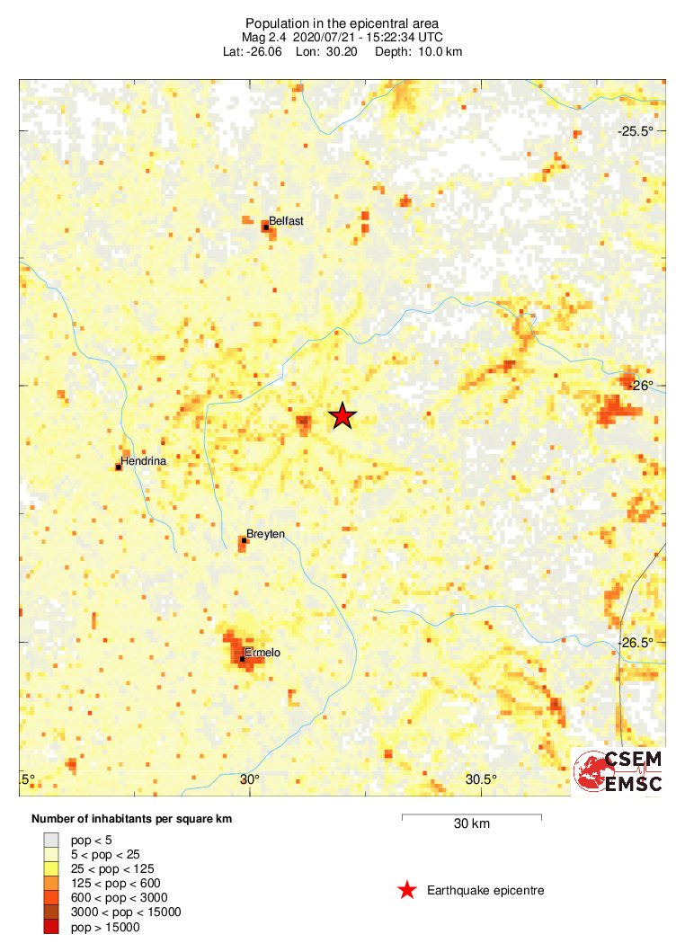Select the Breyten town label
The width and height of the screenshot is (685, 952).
(x=265, y=534)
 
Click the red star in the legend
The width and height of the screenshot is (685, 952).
(x=407, y=890)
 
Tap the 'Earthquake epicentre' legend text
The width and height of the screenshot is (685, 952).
(x=486, y=890)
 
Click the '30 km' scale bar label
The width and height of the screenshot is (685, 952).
(x=471, y=823)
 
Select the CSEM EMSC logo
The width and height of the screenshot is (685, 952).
(x=619, y=771)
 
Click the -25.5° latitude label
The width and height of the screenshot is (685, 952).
(x=636, y=131)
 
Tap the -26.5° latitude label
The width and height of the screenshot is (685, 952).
(x=636, y=642)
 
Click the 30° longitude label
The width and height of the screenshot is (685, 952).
(x=250, y=779)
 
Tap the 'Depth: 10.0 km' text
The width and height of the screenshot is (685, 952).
(x=421, y=52)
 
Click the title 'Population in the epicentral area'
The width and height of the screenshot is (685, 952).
(x=342, y=22)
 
